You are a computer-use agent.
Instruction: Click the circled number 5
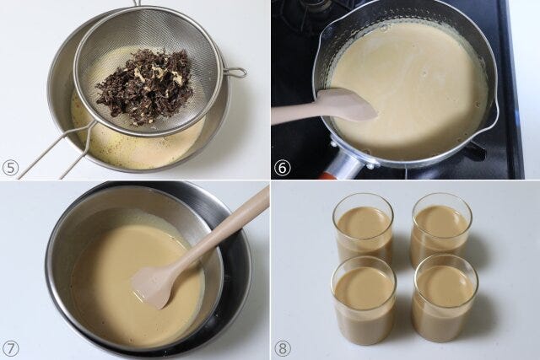tap(11, 169)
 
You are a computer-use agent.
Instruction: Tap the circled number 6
tap(283, 168)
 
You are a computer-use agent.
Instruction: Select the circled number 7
tap(11, 349)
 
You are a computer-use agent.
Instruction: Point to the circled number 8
tap(283, 348)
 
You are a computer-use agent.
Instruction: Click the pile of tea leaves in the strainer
tap(143, 87)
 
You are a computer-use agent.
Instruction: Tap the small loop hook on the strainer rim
tap(235, 73)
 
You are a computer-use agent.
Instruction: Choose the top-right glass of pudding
tap(442, 230)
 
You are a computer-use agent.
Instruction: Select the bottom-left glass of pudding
tap(364, 300)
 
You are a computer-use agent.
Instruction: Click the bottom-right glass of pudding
tap(445, 298)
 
